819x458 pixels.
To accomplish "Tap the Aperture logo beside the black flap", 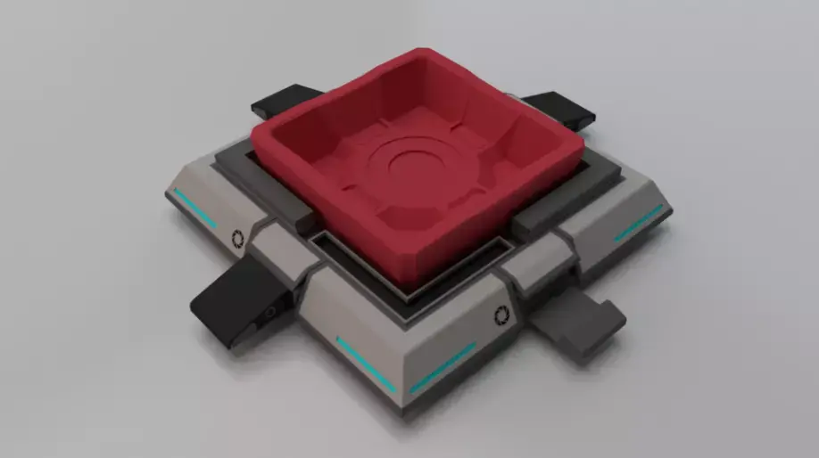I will click(237, 238).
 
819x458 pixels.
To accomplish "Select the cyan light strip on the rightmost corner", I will click(639, 223).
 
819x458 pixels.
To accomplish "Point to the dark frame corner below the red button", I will click(410, 295).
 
